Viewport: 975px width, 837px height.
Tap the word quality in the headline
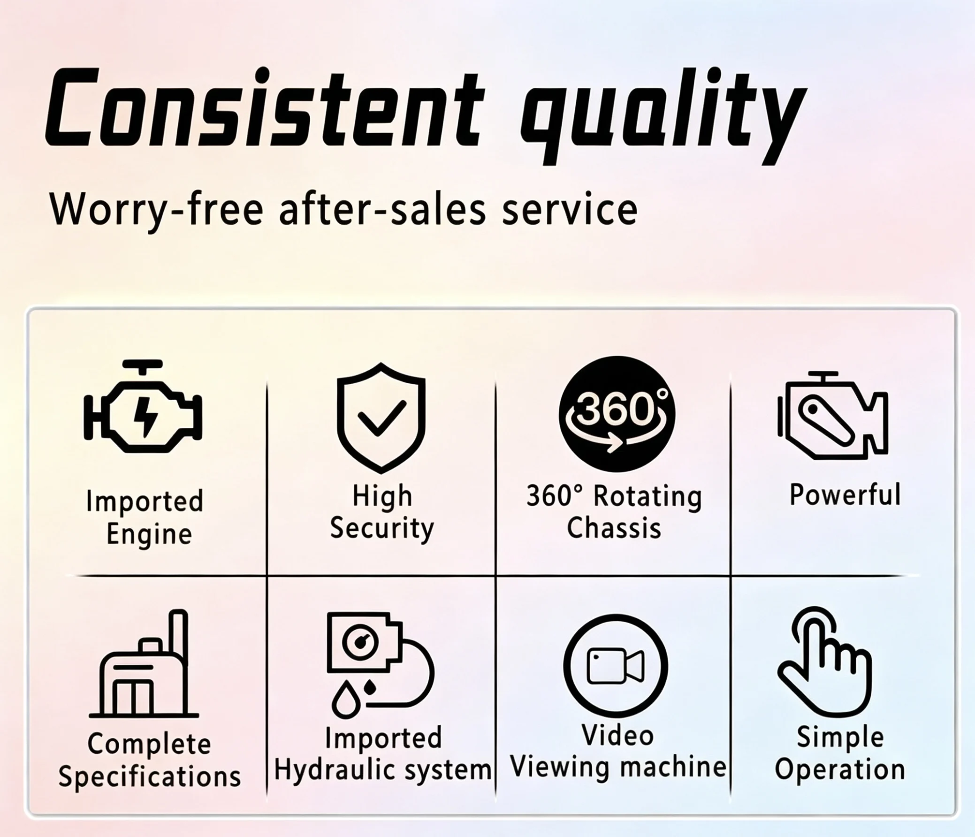(663, 116)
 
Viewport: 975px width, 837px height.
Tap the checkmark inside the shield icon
(381, 417)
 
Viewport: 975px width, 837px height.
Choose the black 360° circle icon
(617, 413)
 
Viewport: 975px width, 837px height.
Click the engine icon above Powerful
(832, 415)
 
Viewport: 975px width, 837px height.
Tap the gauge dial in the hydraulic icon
(360, 642)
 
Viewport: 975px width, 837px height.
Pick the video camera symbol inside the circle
(616, 666)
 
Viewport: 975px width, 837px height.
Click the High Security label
(381, 513)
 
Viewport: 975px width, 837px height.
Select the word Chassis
(614, 528)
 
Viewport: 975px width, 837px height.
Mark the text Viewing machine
(618, 768)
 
